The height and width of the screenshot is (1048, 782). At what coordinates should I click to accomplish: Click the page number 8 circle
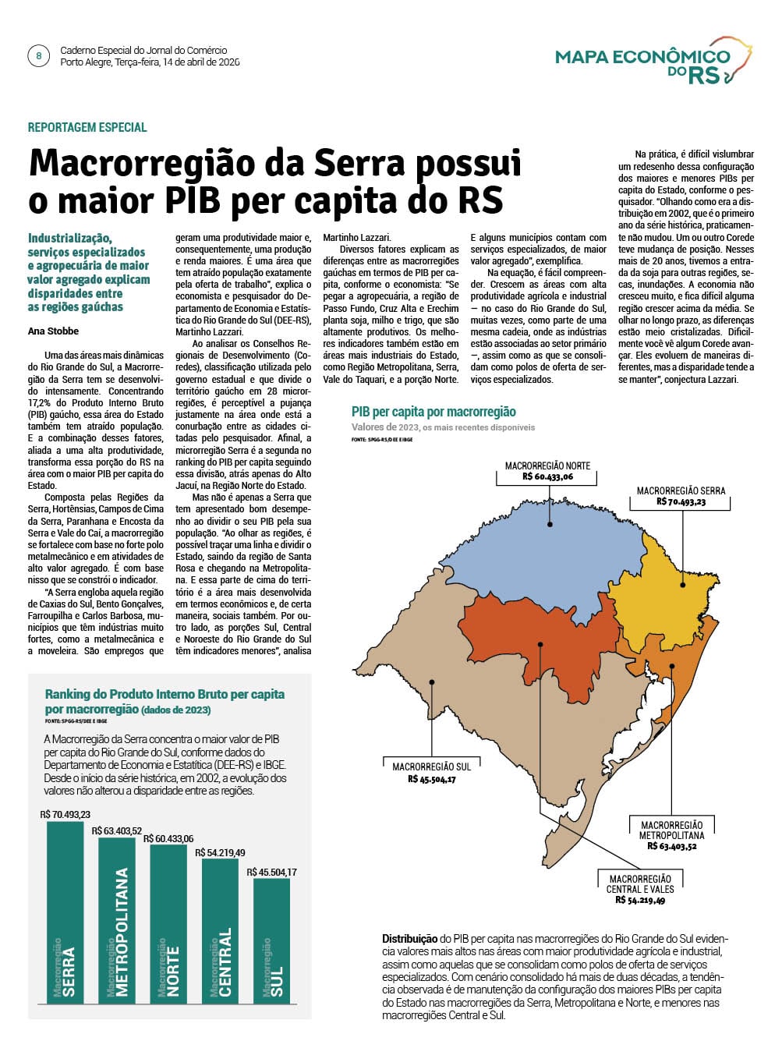[38, 56]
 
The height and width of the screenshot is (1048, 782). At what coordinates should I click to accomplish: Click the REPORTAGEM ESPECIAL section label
[87, 127]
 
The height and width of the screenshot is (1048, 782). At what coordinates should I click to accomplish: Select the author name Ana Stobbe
[53, 331]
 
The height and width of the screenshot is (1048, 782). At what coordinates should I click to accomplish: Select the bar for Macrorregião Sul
[271, 940]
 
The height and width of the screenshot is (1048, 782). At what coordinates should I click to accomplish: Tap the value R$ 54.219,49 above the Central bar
[220, 852]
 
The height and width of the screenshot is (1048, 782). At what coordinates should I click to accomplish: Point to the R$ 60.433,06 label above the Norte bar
[168, 839]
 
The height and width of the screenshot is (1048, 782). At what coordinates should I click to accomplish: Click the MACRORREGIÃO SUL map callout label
[431, 767]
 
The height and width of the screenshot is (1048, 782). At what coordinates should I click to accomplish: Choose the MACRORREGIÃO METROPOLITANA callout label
[671, 830]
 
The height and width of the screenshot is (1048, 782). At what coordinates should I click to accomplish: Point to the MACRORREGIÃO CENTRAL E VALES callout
[640, 883]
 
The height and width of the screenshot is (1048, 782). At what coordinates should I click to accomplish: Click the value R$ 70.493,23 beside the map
[681, 502]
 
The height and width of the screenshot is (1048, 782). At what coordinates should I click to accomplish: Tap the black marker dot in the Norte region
[550, 524]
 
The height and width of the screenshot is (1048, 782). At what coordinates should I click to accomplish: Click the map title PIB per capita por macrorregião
[433, 412]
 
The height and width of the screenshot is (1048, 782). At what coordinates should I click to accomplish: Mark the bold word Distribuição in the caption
[409, 938]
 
